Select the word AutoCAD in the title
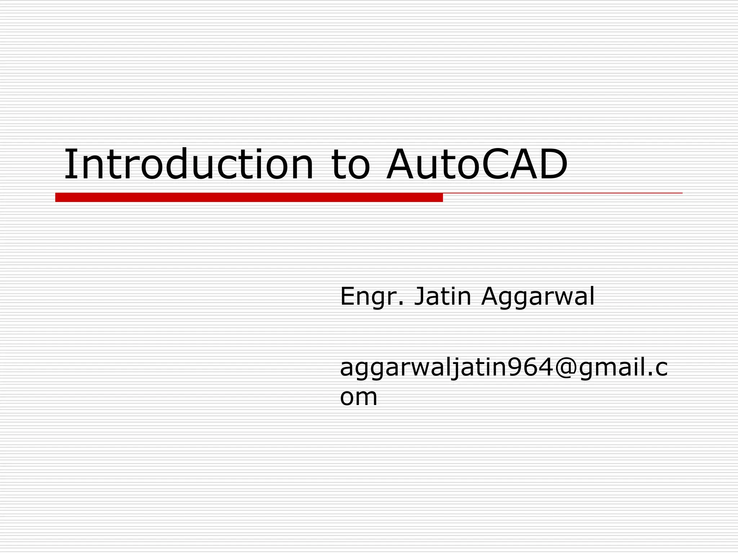[476, 165]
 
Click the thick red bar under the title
[249, 197]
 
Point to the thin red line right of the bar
[562, 193]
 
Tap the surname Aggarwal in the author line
[538, 297]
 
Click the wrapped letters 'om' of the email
[359, 397]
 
